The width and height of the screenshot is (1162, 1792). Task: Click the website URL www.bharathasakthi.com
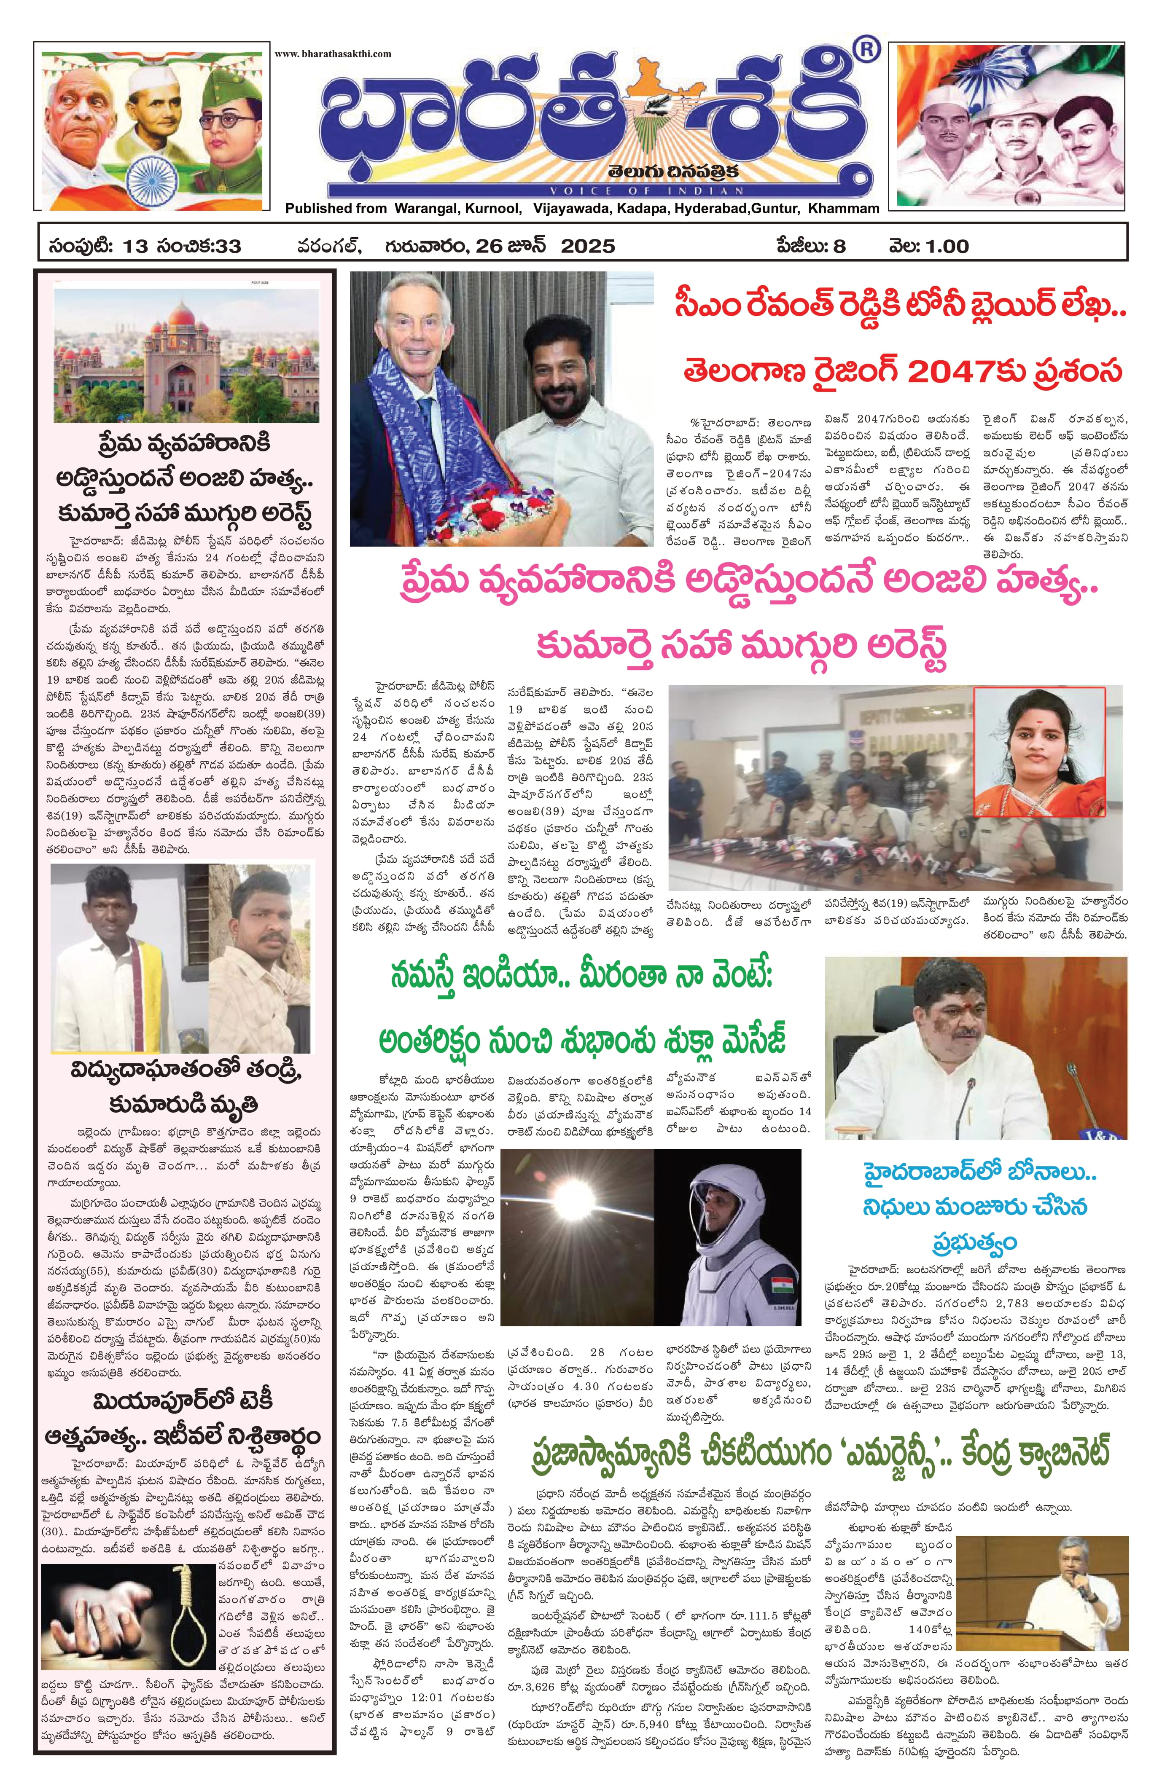(x=332, y=54)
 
